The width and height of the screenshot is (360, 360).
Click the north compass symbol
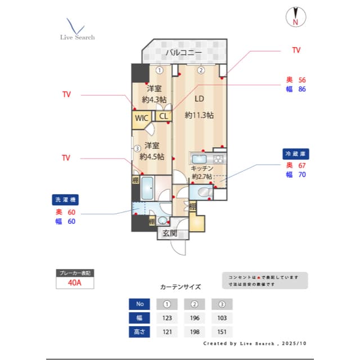pos(295,17)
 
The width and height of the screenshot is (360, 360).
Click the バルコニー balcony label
pos(183,53)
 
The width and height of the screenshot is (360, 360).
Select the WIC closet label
pos(141,118)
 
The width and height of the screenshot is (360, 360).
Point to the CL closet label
pos(163,116)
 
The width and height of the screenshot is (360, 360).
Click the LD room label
pos(199,99)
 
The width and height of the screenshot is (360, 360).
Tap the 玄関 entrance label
pos(170,233)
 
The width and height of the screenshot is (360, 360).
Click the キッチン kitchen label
pos(201,168)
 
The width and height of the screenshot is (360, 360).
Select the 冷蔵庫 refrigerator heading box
pos(296,154)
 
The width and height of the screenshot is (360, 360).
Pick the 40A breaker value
pos(74,283)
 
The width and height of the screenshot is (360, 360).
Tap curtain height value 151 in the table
pos(222,332)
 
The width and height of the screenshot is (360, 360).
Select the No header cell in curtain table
pos(139,304)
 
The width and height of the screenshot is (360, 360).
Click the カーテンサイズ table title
pos(180,287)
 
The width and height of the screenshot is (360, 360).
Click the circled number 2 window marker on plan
pos(201,70)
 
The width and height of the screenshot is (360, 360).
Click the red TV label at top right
pos(296,50)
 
